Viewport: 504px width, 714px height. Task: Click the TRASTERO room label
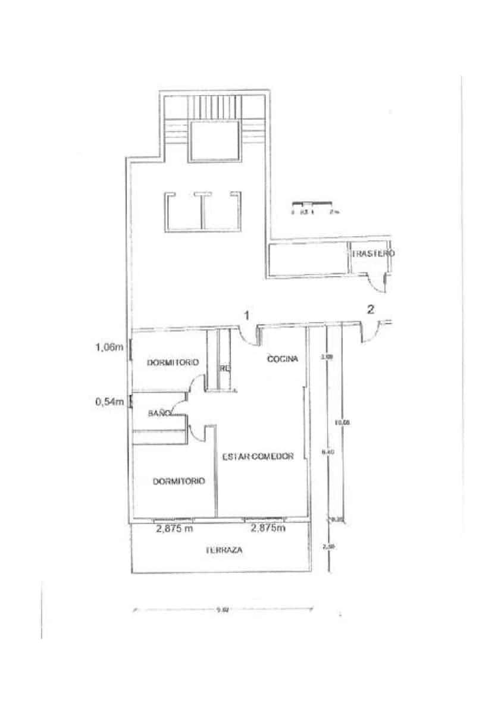[373, 253]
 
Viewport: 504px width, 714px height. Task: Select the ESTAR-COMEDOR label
[258, 457]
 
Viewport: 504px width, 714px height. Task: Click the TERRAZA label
[224, 551]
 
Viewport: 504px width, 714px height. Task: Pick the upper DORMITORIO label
[173, 362]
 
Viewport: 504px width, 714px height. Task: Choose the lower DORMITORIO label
[179, 481]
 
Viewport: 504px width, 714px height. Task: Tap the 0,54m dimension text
[109, 402]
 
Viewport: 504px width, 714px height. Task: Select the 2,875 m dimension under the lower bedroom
[174, 528]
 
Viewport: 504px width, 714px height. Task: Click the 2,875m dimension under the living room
[268, 528]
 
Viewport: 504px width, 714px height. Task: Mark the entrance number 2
[371, 309]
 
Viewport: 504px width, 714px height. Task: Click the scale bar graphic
[311, 205]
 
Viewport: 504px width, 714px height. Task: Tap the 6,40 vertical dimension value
[328, 452]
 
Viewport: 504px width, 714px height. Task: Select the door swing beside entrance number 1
[250, 335]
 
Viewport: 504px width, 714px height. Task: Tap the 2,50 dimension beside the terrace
[325, 546]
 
